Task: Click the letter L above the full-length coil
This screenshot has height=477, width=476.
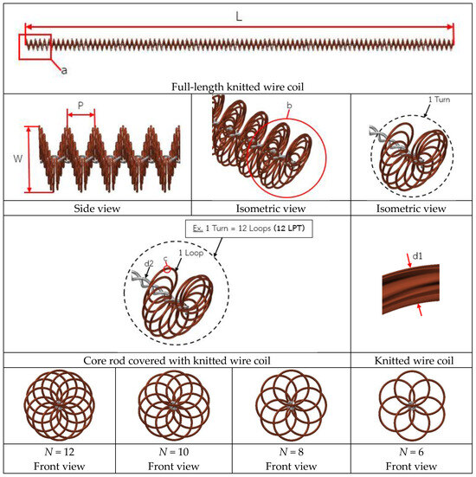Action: tap(239, 16)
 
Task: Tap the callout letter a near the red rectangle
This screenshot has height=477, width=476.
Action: tap(64, 71)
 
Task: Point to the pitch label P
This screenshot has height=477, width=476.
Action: tap(80, 106)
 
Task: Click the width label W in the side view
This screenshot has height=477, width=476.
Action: tap(18, 158)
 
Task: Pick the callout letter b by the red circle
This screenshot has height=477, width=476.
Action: tap(289, 106)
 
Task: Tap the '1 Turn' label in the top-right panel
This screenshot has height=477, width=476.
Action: tap(439, 100)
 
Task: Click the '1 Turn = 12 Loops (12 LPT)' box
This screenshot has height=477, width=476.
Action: tap(248, 229)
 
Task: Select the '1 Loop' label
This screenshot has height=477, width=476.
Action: tap(190, 253)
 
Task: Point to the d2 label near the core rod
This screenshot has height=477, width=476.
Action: tap(149, 263)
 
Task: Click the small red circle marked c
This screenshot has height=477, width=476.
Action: tap(167, 269)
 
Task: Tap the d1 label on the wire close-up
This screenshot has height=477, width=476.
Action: tap(417, 256)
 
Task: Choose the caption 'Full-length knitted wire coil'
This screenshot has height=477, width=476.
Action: tap(237, 87)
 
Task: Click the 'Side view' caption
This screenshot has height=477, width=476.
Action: tap(97, 209)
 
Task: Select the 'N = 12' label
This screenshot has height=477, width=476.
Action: tap(60, 452)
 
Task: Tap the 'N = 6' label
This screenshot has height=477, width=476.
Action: tap(411, 452)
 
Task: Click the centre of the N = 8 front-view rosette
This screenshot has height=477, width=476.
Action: tap(291, 405)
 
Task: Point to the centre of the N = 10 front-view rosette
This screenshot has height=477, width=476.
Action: tap(174, 405)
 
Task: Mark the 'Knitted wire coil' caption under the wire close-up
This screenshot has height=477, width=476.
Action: tap(414, 360)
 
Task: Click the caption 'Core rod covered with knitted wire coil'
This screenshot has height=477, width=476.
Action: tap(177, 360)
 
